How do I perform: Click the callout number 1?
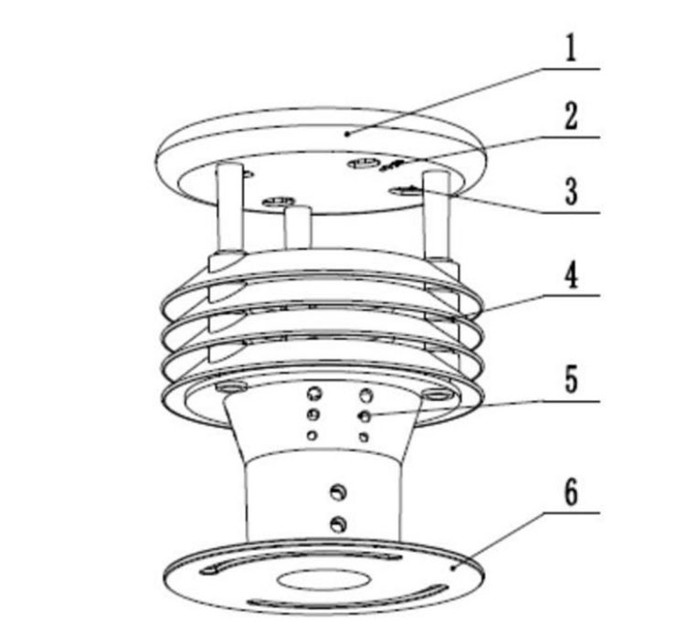(x=571, y=48)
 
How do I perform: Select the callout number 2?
(x=571, y=118)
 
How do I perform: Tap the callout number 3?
(x=571, y=193)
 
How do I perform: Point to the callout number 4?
(x=571, y=275)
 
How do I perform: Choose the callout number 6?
(x=571, y=493)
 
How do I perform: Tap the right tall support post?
(x=436, y=215)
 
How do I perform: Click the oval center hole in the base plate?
(x=324, y=578)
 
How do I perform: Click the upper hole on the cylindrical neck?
(x=338, y=492)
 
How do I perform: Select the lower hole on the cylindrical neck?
(x=339, y=524)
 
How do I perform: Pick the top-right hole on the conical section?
(x=367, y=396)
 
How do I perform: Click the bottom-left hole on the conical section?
(x=312, y=436)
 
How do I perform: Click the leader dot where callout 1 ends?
(x=349, y=132)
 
